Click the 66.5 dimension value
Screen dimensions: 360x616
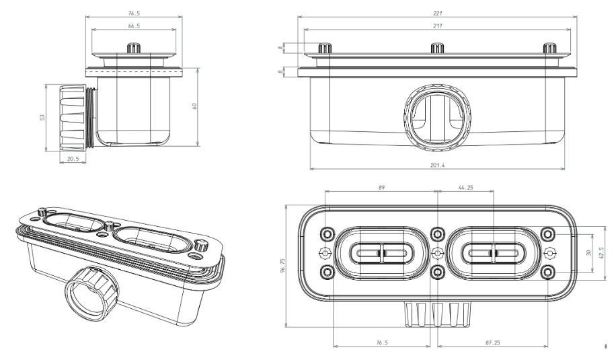point(135,26)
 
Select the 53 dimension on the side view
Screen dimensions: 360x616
point(42,117)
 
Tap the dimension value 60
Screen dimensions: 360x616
point(194,106)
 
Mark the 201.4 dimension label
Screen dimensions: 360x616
point(437,166)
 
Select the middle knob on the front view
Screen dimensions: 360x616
point(438,48)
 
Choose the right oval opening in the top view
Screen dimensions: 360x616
point(494,253)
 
